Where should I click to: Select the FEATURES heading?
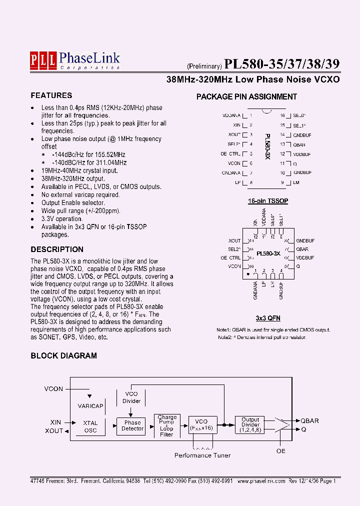[x=51, y=95]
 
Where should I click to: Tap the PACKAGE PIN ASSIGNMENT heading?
[x=246, y=97]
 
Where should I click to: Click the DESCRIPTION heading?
[x=57, y=249]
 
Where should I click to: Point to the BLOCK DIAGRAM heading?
[x=64, y=356]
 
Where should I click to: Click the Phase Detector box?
[x=132, y=425]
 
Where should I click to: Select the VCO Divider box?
[x=131, y=397]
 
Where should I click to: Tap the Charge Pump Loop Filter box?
[x=166, y=426]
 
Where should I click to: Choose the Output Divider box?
[x=250, y=425]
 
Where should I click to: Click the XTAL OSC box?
[x=90, y=426]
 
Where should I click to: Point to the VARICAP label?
[x=90, y=406]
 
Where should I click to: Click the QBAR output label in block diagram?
[x=309, y=421]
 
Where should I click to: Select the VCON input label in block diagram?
[x=54, y=388]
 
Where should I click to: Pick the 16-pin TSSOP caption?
[x=268, y=201]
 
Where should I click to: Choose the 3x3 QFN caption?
[x=268, y=318]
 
